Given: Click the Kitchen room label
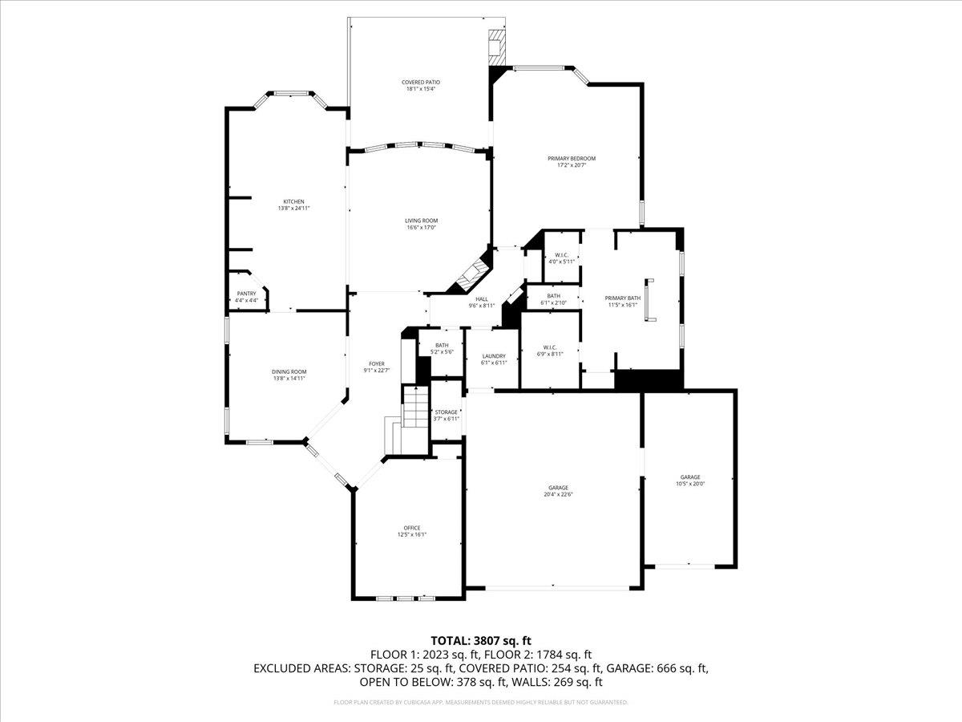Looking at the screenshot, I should click(x=293, y=201).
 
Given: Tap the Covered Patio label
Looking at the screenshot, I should click(x=421, y=82).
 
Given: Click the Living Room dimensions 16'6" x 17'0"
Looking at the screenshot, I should click(x=421, y=228).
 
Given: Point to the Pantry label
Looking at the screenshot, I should click(x=246, y=294).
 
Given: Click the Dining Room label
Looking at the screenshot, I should click(x=289, y=371).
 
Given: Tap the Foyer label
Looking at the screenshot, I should click(x=376, y=363).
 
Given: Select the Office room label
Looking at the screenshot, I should click(x=411, y=528).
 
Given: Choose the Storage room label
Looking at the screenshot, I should click(x=447, y=412).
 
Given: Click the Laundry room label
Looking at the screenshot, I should click(x=494, y=356).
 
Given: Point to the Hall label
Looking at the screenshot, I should click(x=481, y=299).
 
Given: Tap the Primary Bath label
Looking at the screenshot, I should click(x=621, y=298).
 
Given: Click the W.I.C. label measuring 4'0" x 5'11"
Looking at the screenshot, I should click(x=561, y=254).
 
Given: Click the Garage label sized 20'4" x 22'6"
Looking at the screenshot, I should click(x=559, y=488).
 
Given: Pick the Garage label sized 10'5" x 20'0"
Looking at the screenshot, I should click(x=690, y=477).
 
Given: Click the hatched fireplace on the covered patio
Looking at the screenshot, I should click(x=497, y=47).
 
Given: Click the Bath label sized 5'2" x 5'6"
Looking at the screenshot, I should click(x=442, y=345).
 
